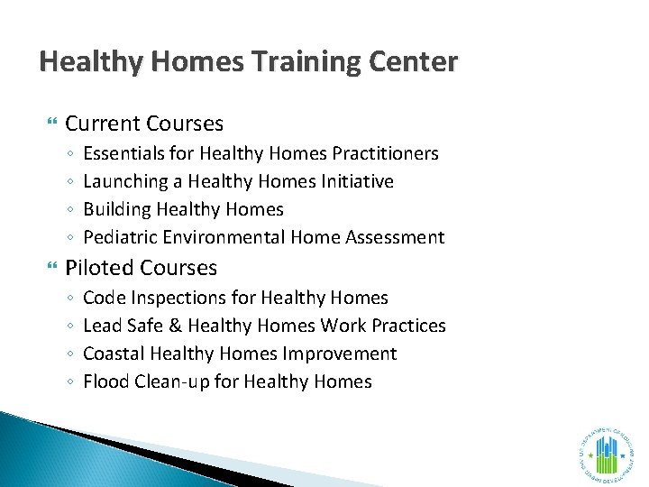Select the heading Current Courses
tap(144, 124)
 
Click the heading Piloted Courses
tap(142, 268)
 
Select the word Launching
tap(126, 181)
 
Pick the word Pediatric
tap(121, 237)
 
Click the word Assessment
tap(399, 237)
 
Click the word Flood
tap(105, 381)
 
